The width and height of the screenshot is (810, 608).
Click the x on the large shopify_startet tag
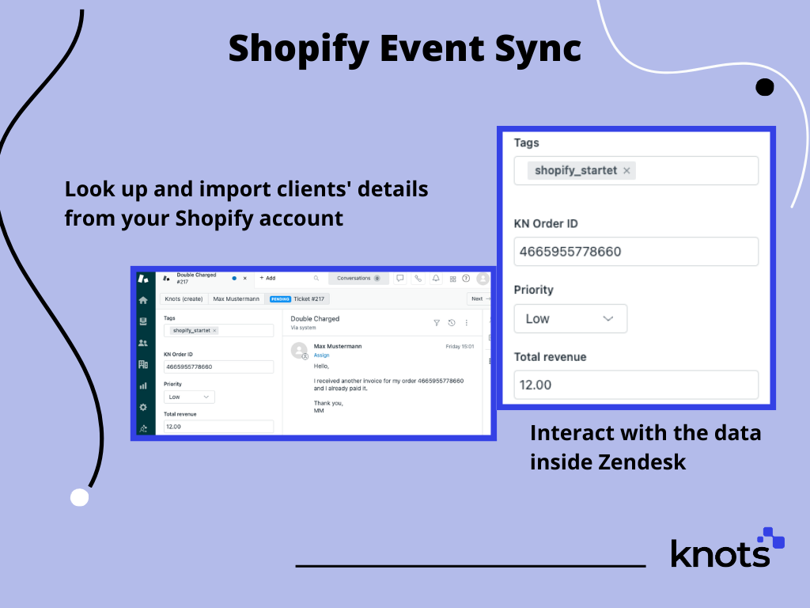(626, 170)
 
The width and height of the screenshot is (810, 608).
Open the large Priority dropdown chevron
(607, 318)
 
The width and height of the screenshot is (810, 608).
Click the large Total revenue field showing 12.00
(636, 385)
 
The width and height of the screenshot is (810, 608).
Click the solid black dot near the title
(764, 87)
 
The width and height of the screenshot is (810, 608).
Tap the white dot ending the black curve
(79, 497)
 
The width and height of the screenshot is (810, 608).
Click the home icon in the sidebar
(143, 301)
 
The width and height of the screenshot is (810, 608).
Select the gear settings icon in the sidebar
(143, 407)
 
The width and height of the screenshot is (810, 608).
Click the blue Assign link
(321, 355)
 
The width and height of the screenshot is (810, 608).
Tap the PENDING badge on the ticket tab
(280, 299)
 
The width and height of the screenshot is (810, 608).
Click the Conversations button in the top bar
(356, 279)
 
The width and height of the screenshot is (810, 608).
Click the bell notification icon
(435, 279)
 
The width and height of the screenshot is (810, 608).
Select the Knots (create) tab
(183, 299)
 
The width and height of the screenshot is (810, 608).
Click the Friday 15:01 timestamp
(460, 346)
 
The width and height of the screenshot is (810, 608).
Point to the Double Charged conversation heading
(315, 318)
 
